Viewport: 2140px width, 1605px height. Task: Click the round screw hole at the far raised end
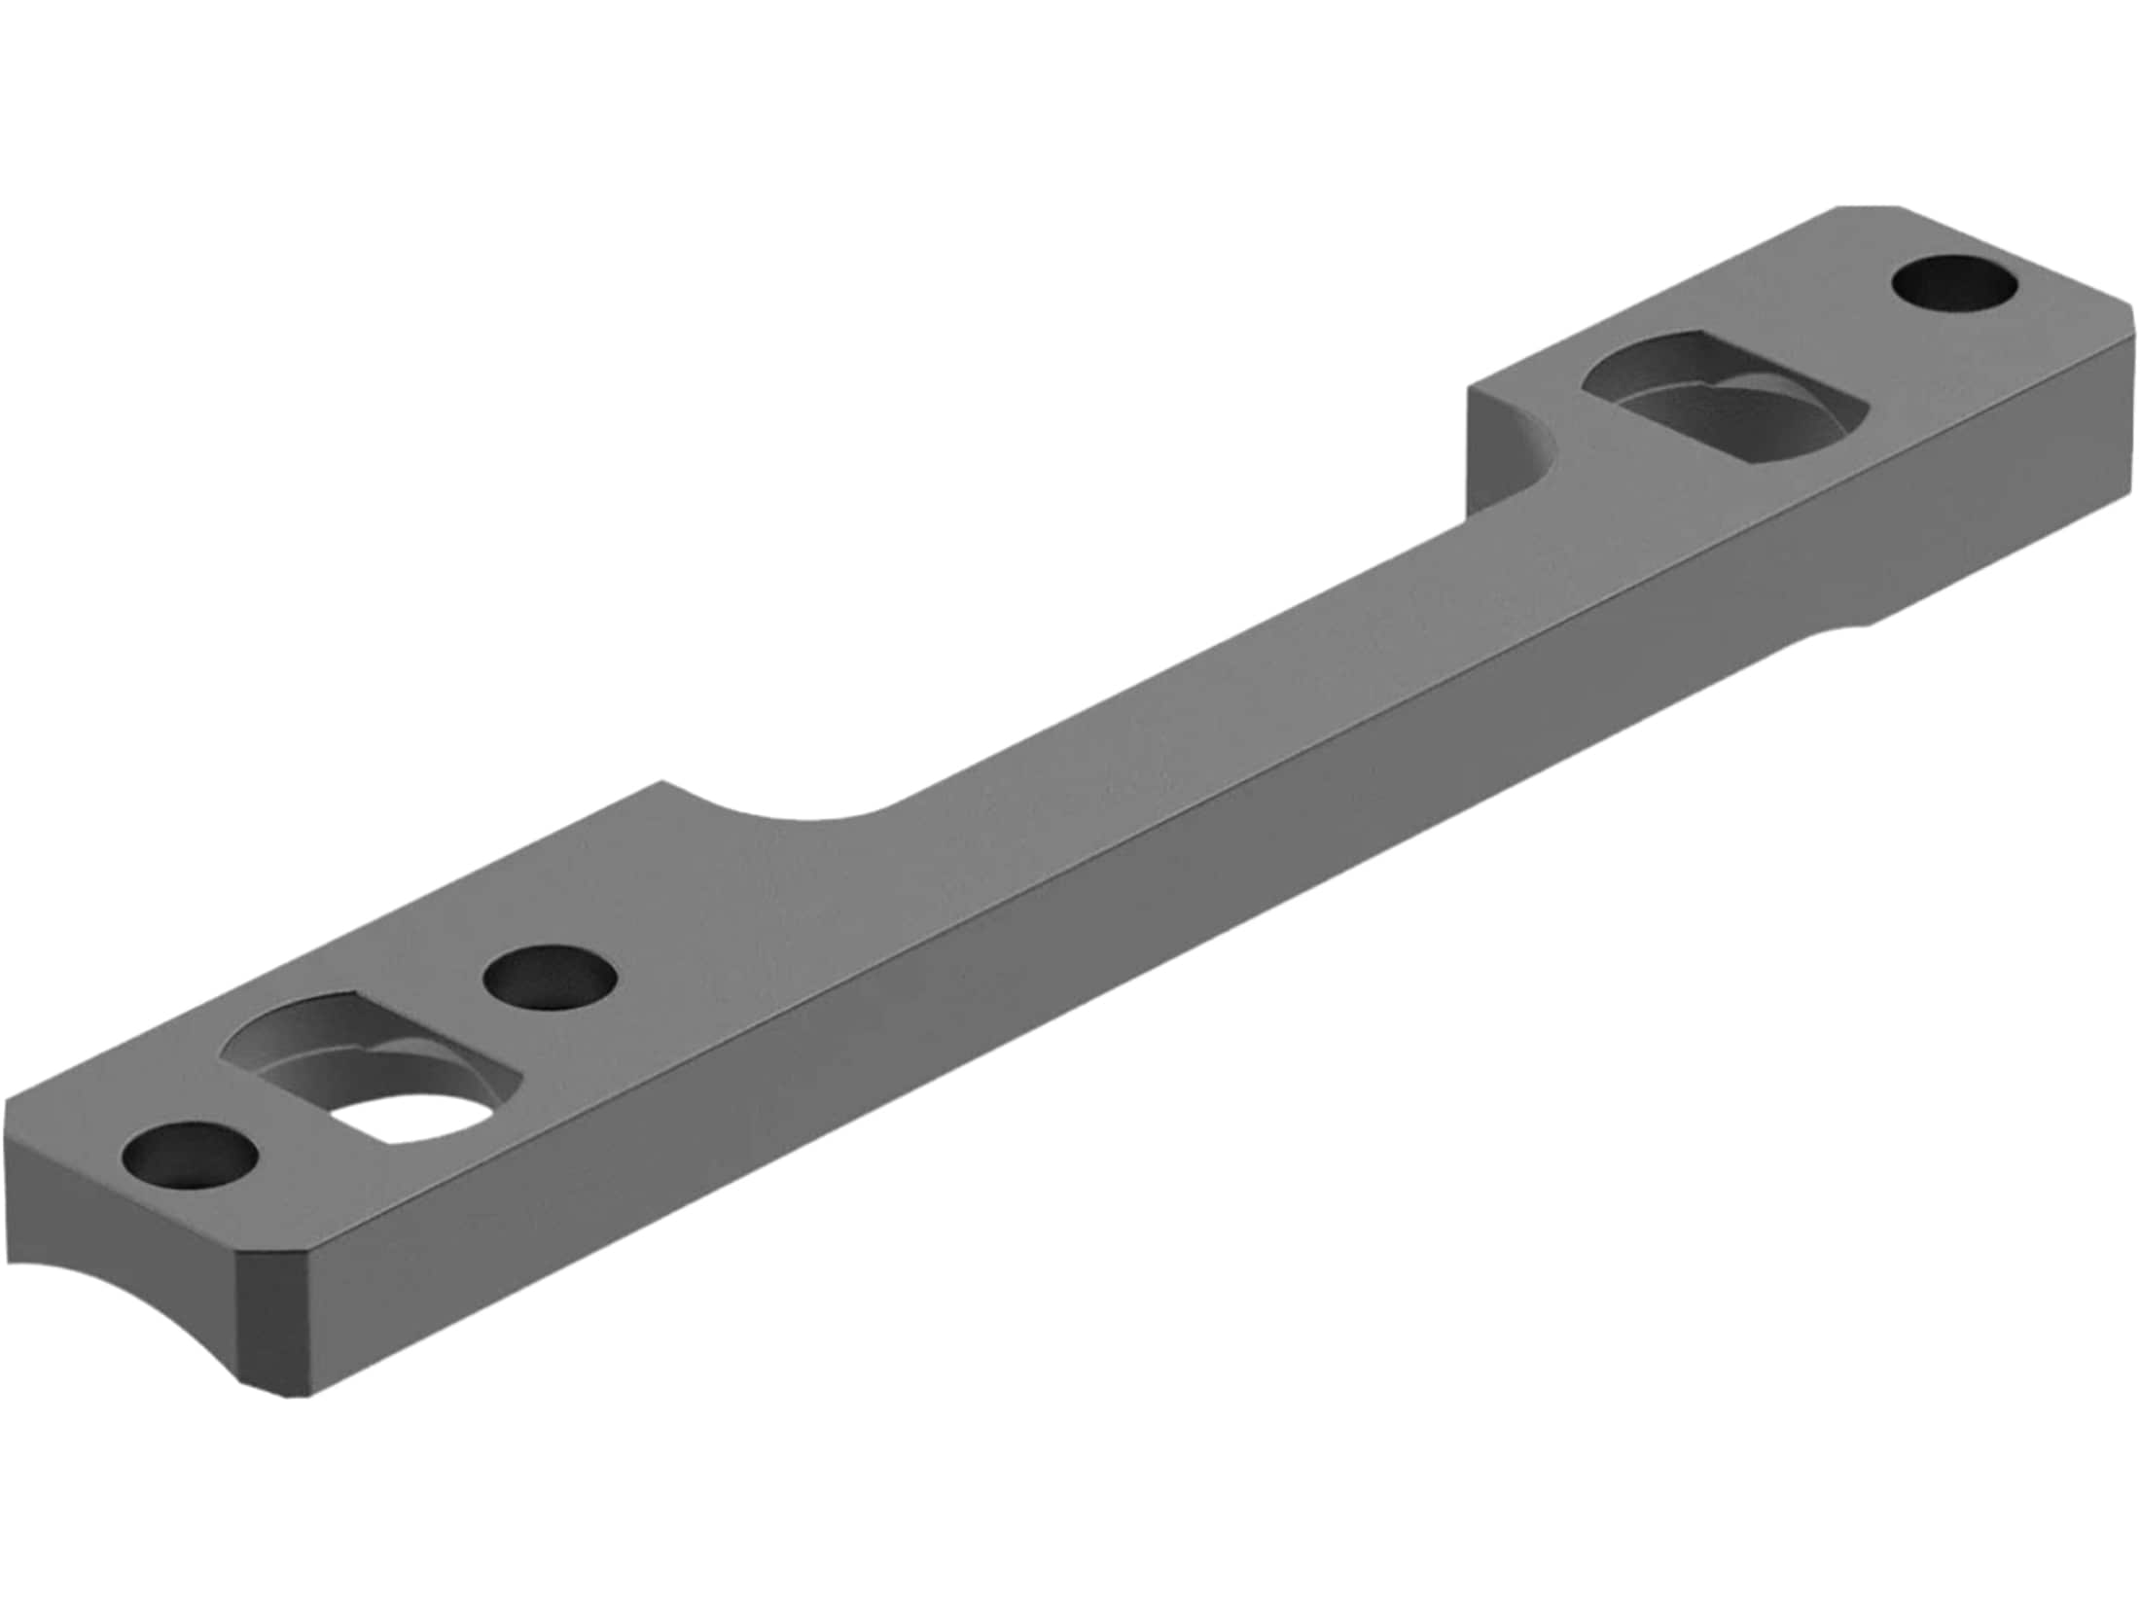pyautogui.click(x=1954, y=284)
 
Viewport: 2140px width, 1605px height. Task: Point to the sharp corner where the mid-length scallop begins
pyautogui.click(x=662, y=781)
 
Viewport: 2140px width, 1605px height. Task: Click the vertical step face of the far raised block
pyautogui.click(x=1498, y=447)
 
